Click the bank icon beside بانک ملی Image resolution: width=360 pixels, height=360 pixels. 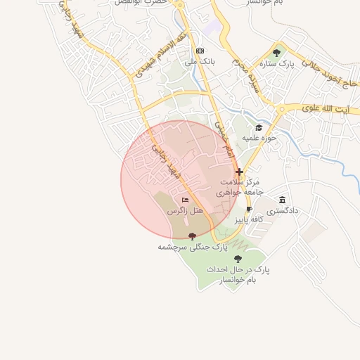(x=200, y=51)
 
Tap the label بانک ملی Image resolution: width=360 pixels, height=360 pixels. (x=199, y=62)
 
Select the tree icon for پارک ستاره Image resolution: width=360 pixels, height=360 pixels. (x=276, y=52)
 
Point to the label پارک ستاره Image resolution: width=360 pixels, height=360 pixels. (x=295, y=63)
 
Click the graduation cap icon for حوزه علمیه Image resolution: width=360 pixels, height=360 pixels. (x=259, y=127)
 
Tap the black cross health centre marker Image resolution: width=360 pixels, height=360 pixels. (x=239, y=171)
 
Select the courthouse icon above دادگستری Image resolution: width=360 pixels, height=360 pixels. (x=283, y=200)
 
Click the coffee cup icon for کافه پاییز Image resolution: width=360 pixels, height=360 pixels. (x=249, y=210)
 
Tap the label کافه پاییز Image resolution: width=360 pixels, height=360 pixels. (x=248, y=220)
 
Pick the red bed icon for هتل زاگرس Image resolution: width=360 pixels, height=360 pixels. (x=185, y=200)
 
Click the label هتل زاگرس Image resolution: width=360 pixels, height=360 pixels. (x=184, y=211)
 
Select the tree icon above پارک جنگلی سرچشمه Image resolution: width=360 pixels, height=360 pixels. (x=193, y=237)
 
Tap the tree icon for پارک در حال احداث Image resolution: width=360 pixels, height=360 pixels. (x=238, y=259)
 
